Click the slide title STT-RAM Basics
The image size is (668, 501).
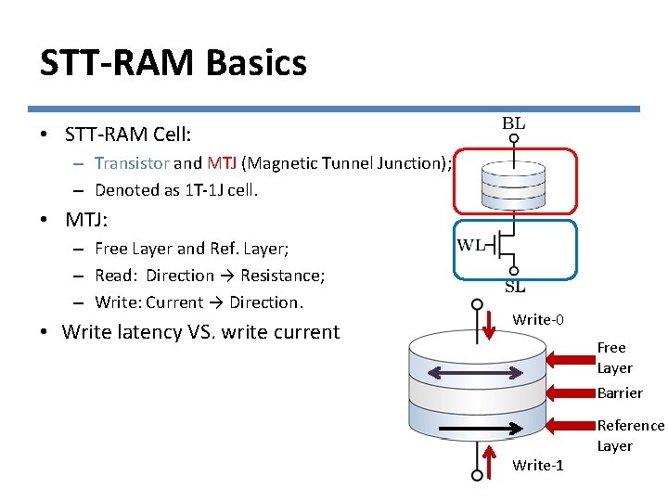coord(173,63)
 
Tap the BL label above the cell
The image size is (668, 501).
coord(513,122)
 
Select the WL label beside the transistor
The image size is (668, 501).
coord(471,245)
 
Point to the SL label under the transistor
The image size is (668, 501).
coord(515,287)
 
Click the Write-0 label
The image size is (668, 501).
coord(538,319)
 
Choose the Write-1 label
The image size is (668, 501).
coord(538,465)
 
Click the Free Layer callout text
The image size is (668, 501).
coord(613,357)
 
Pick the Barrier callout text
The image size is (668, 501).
coord(620,392)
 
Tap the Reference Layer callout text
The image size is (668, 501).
coord(630,435)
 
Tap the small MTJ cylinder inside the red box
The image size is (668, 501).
coord(514,180)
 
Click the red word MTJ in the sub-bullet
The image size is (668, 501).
coord(222,163)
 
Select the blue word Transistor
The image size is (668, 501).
coord(132,163)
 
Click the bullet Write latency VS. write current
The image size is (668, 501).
coord(200,332)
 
